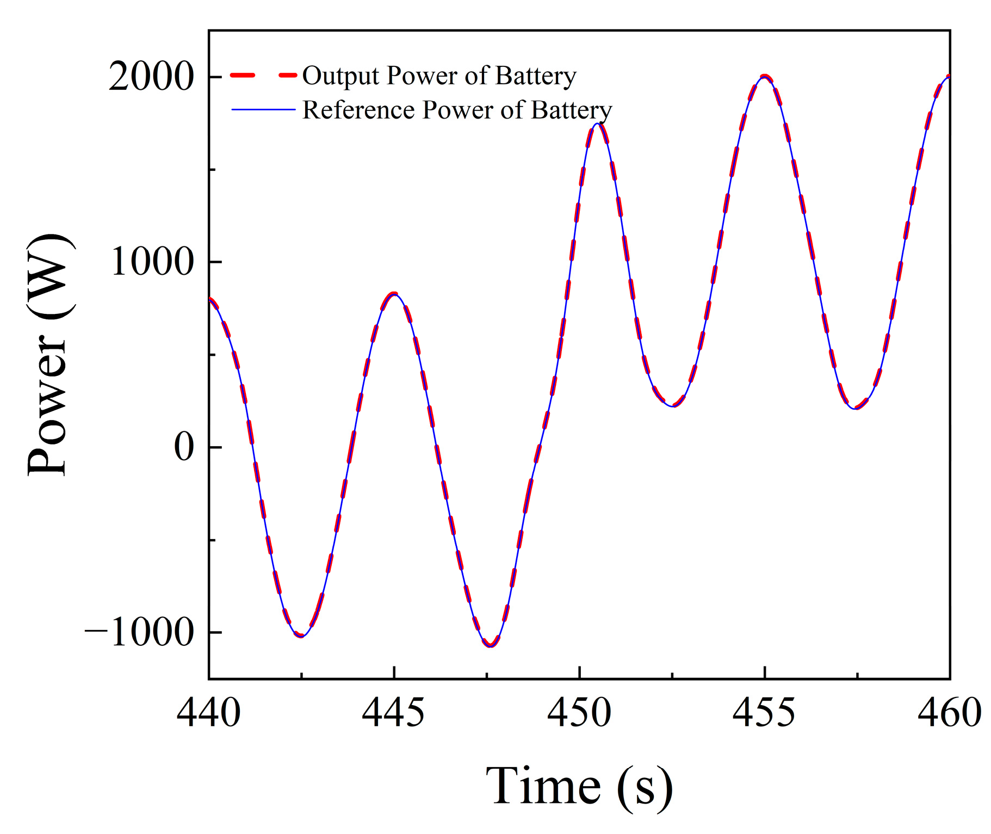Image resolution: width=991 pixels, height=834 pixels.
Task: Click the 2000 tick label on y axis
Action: pos(151,77)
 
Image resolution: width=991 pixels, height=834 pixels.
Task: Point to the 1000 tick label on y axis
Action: pos(152,262)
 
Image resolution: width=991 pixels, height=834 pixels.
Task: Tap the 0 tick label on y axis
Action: pos(184,447)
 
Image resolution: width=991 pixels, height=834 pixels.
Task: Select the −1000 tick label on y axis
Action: pos(139,632)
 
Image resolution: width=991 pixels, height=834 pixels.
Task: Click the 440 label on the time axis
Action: pos(208,713)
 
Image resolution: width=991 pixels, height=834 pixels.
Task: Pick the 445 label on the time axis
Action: pos(394,713)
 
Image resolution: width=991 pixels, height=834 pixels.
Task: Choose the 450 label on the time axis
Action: pos(579,713)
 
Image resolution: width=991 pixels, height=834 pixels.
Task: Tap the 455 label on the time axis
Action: pos(764,713)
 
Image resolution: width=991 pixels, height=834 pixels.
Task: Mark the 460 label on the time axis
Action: pos(949,713)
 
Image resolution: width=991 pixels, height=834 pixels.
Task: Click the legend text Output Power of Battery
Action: pos(439,76)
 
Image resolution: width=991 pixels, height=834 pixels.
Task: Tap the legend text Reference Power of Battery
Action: pos(457,110)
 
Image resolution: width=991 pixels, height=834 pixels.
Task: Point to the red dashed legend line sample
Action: pos(264,76)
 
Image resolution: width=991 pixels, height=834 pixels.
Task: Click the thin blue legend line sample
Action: pos(264,110)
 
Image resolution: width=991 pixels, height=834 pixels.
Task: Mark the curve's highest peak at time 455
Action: pos(765,77)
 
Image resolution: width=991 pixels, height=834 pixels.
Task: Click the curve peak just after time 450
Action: pos(598,123)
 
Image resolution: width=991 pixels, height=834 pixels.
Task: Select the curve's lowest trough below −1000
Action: pos(491,646)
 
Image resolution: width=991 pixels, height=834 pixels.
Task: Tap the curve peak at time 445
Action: pos(394,294)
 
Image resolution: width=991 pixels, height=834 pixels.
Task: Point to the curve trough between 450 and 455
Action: pos(674,406)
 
